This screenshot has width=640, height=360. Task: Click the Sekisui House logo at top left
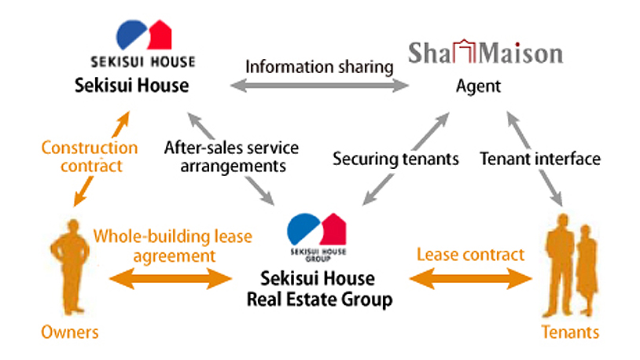pyautogui.click(x=143, y=43)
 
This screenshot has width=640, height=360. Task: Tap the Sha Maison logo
pyautogui.click(x=486, y=52)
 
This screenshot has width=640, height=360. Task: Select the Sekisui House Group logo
pyautogui.click(x=317, y=237)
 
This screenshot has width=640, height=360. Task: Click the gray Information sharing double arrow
pyautogui.click(x=319, y=86)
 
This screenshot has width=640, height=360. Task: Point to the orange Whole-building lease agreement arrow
pyautogui.click(x=171, y=279)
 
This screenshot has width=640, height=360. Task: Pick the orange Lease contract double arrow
pyautogui.click(x=471, y=279)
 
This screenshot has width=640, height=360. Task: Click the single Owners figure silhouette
pyautogui.click(x=70, y=267)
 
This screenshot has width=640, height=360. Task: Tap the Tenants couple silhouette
pyautogui.click(x=571, y=266)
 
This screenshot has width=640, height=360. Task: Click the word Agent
pyautogui.click(x=478, y=86)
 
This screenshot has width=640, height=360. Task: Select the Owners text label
pyautogui.click(x=70, y=332)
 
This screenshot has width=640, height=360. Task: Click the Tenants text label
pyautogui.click(x=570, y=332)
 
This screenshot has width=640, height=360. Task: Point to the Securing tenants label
pyautogui.click(x=395, y=159)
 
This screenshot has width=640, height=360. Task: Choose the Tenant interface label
pyautogui.click(x=540, y=159)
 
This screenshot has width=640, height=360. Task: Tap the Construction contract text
pyautogui.click(x=90, y=156)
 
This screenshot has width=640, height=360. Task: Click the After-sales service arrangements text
pyautogui.click(x=231, y=156)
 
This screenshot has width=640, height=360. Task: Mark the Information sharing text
pyautogui.click(x=319, y=67)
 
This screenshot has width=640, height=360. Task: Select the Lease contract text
pyautogui.click(x=470, y=255)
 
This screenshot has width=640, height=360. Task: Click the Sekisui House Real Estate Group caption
pyautogui.click(x=319, y=289)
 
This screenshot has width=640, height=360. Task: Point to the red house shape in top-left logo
pyautogui.click(x=160, y=35)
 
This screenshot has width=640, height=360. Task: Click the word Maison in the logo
pyautogui.click(x=520, y=53)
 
